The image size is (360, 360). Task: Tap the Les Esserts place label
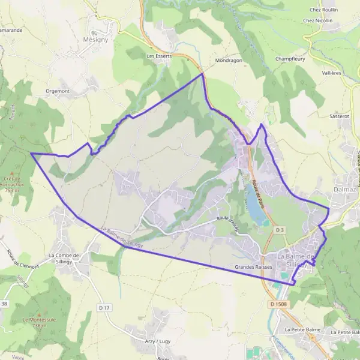point(159,56)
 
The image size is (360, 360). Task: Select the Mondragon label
point(229,61)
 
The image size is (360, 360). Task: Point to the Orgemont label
point(58,91)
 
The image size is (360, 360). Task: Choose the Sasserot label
point(339,116)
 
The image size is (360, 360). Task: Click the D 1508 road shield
point(279,304)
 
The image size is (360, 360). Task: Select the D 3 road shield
point(280,230)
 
